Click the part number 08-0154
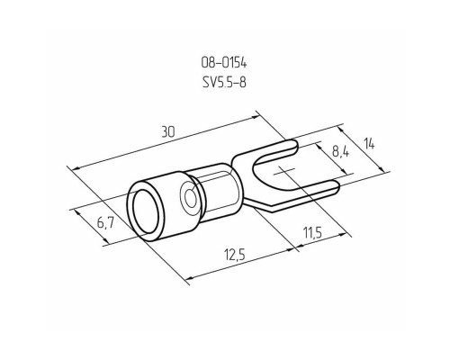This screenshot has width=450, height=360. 224,63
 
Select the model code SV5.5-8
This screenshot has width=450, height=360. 224,82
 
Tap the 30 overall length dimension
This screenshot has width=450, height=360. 168,131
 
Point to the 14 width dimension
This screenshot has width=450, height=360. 369,144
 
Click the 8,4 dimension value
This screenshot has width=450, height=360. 340,152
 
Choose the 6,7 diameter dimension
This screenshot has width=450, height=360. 105,222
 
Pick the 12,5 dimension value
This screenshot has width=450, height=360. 235,255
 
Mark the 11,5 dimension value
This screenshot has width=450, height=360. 312,232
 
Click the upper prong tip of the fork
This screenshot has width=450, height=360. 295,147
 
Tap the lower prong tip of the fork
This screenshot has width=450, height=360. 337,186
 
